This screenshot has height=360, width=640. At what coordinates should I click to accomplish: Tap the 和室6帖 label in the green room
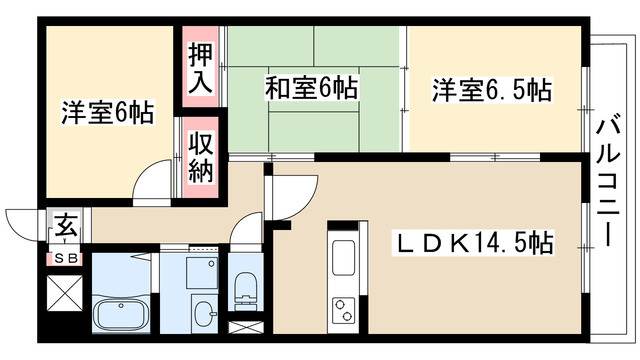[x=311, y=89]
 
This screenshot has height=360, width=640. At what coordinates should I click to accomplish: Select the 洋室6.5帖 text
[x=491, y=89]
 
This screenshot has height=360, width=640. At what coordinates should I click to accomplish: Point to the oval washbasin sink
[x=204, y=313]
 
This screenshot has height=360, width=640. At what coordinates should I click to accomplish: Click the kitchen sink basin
[x=343, y=262]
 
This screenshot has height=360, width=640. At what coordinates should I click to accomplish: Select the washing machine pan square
[x=204, y=268]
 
